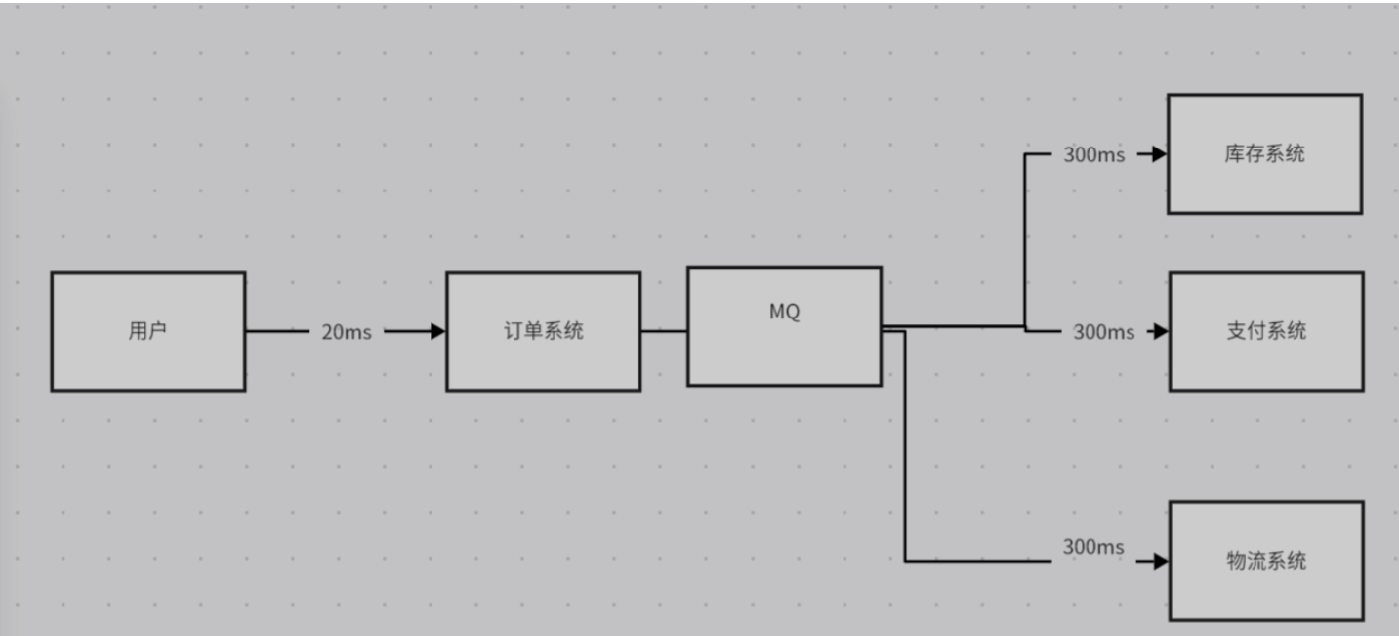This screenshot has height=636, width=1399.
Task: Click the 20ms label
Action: pos(347,332)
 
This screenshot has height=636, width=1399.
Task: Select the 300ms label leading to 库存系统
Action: pos(1093,154)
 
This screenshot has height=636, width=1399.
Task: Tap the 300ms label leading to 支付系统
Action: pos(1104,332)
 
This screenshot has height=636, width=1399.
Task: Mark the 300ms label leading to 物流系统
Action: pos(1093,547)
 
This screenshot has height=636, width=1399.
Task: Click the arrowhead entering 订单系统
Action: pos(437,331)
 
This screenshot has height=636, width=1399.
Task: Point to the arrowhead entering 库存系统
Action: pos(1159,154)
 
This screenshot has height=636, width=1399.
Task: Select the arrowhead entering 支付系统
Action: pos(1160,331)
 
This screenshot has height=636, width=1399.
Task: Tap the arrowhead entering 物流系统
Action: pos(1160,561)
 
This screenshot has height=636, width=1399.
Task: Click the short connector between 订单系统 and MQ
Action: pos(664,331)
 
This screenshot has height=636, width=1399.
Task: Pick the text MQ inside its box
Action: pos(784,313)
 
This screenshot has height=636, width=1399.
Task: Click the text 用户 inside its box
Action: pos(147,331)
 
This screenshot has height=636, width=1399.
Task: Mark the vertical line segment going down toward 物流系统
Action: pos(905,449)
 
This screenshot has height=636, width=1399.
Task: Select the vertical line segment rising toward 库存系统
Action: pos(1025,239)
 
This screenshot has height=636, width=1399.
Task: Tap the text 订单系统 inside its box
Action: pos(543,331)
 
